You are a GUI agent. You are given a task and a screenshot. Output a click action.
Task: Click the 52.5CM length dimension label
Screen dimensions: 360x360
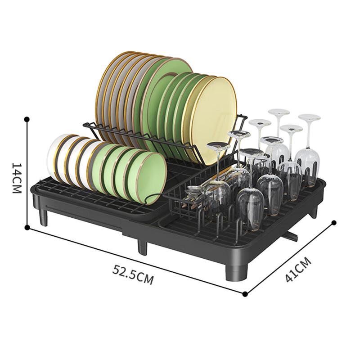tap(133, 274)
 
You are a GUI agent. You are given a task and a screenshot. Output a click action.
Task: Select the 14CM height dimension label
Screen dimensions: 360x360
tap(17, 178)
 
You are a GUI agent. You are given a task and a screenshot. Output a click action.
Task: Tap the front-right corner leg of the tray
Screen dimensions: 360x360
tap(237, 273)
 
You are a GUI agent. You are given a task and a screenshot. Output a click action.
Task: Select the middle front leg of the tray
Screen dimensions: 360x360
tap(142, 247)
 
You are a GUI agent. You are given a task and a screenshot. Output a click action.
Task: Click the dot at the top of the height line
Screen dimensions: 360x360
tap(27, 119)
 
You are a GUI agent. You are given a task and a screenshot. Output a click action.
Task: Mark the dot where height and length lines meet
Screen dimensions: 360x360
tap(27, 227)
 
